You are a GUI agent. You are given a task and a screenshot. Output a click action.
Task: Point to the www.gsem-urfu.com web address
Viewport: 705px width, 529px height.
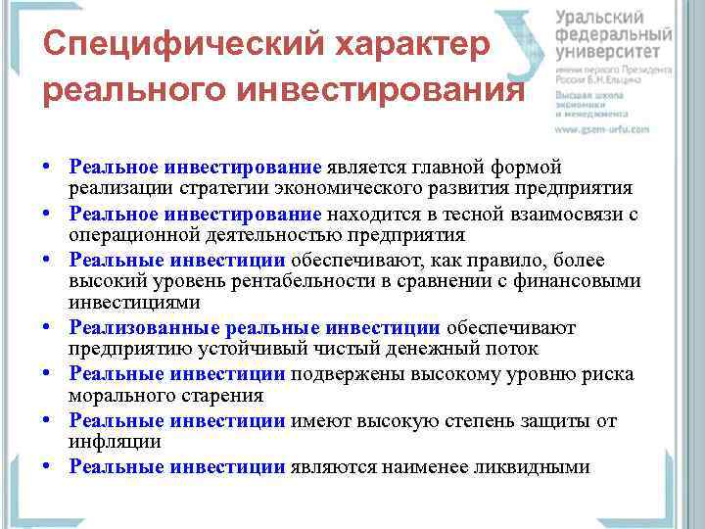coord(602,128)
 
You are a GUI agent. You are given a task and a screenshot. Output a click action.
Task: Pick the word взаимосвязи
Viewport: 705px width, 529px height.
coord(558,213)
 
